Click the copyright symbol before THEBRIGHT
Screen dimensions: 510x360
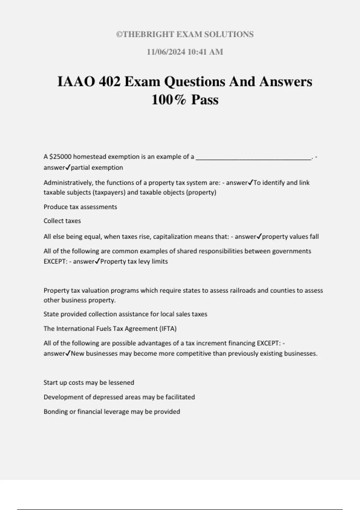click(x=119, y=34)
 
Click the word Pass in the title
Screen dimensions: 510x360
click(x=205, y=100)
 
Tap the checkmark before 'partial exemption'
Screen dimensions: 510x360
click(x=68, y=167)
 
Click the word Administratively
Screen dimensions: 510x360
click(x=66, y=183)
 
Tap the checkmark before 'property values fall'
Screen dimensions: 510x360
click(x=259, y=236)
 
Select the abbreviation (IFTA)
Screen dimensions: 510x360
click(x=168, y=328)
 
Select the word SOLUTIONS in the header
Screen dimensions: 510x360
click(x=229, y=34)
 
